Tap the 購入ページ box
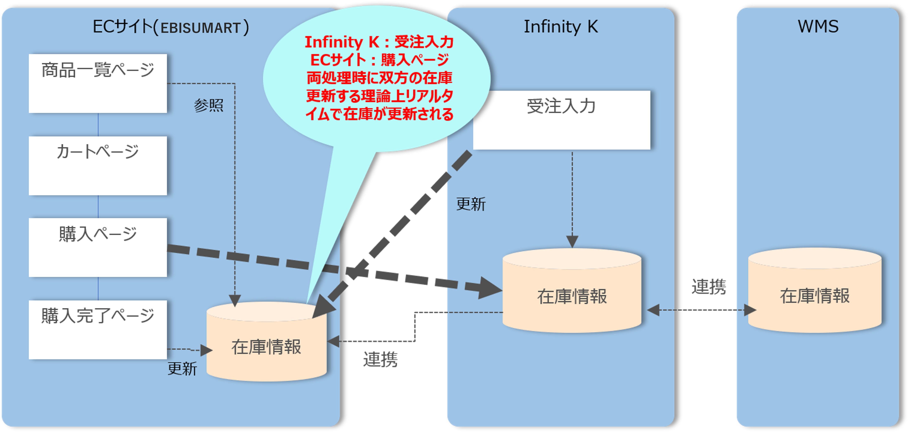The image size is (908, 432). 98,247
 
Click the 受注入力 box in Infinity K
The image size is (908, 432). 561,120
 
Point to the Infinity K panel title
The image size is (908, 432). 560,27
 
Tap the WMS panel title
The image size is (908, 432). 818,27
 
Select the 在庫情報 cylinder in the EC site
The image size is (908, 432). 266,342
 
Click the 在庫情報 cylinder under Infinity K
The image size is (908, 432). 571,291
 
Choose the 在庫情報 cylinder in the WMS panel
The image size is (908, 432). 815,291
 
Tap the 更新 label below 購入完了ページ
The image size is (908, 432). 182,369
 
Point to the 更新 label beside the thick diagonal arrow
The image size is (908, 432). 471,204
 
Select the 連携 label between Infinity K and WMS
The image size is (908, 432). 708,286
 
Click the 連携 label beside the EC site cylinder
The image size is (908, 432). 380,360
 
